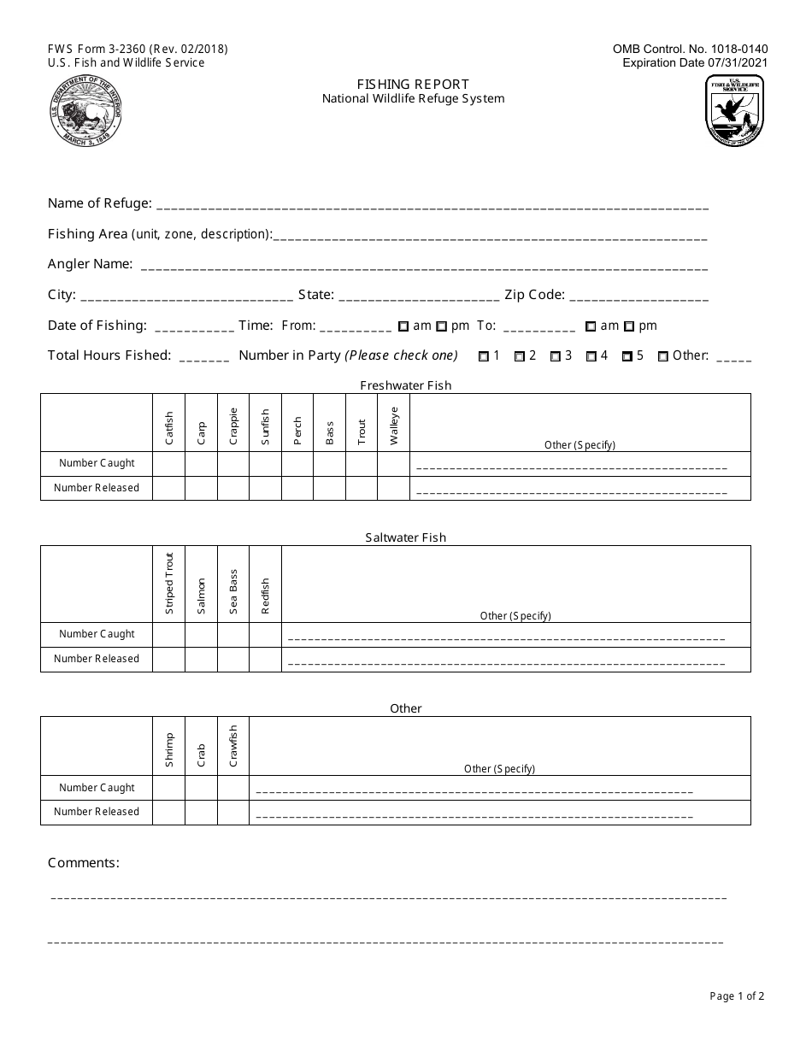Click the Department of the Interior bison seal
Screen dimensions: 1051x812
[x=85, y=111]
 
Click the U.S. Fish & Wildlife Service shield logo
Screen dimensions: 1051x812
[x=734, y=110]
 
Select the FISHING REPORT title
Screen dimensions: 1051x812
[x=413, y=84]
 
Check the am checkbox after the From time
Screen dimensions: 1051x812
[x=403, y=326]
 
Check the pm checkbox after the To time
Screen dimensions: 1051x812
[x=629, y=326]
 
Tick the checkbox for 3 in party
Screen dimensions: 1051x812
[x=555, y=356]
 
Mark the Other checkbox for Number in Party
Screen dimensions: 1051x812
[x=663, y=356]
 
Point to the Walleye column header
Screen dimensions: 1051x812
[x=393, y=423]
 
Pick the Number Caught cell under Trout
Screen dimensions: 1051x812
[x=361, y=463]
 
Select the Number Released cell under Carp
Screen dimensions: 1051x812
[x=201, y=488]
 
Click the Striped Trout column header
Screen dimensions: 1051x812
[x=169, y=583]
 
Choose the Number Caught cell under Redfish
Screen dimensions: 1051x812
[x=265, y=634]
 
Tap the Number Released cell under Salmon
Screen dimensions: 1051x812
[x=201, y=659]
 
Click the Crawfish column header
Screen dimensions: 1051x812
[x=233, y=746]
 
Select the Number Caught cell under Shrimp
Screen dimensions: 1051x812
[x=169, y=788]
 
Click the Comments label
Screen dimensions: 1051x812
[x=84, y=863]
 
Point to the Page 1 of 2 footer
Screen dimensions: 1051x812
[x=737, y=995]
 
